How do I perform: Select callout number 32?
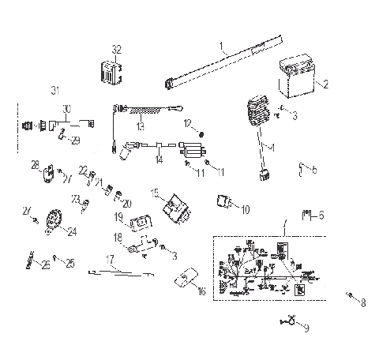[x=117, y=49]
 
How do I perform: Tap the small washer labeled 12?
[x=201, y=133]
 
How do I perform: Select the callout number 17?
[x=111, y=258]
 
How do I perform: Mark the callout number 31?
[x=55, y=87]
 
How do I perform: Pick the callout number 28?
[x=35, y=164]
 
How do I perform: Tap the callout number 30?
[x=66, y=107]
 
